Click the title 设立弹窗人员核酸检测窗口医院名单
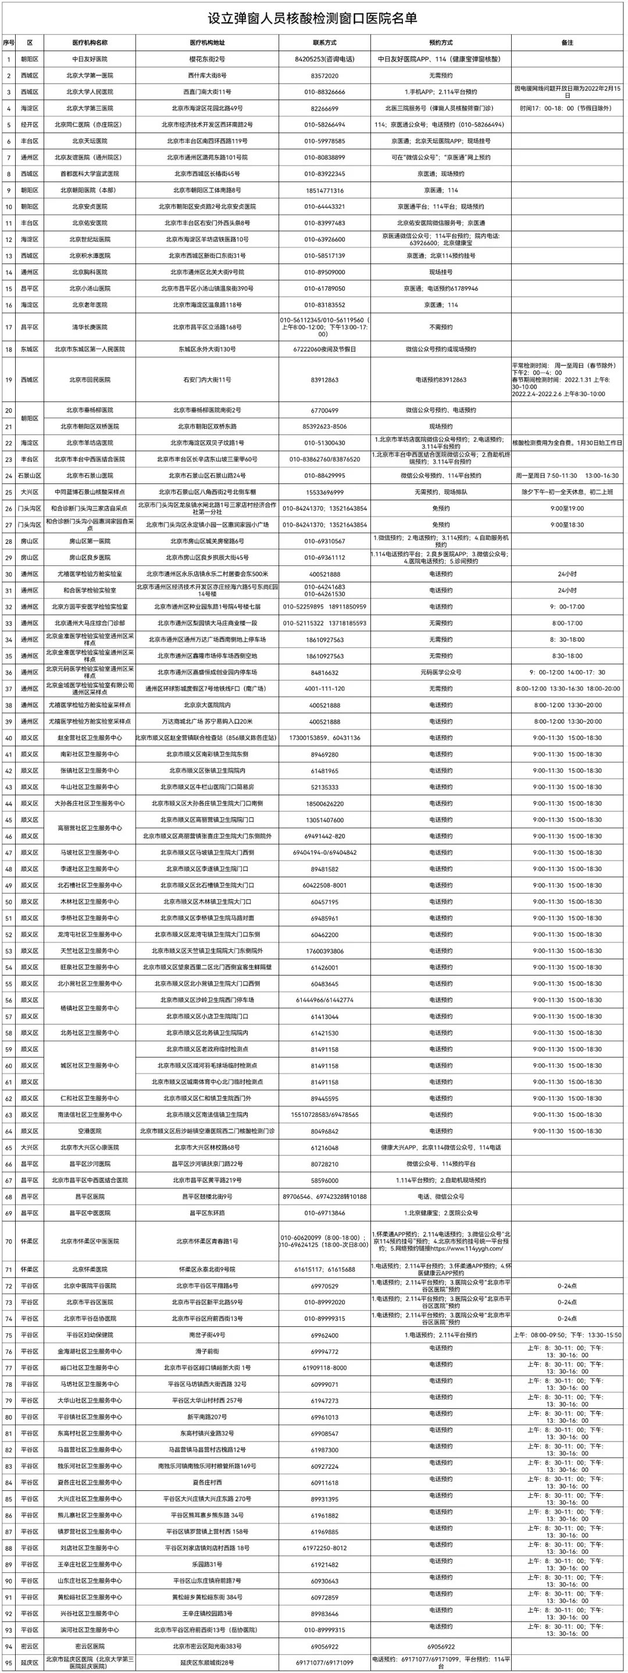312,18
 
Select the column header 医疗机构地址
207,43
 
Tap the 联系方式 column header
324,43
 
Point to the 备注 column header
567,43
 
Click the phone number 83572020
324,76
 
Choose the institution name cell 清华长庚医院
90,328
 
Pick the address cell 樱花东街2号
207,59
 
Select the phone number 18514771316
324,190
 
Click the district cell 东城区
30,350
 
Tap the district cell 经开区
30,124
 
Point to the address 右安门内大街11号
207,380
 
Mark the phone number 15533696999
324,492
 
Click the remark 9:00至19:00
567,508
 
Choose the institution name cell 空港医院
90,1131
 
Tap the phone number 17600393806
324,951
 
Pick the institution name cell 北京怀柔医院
90,1269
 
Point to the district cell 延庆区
30,1663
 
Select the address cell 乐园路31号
207,1565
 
